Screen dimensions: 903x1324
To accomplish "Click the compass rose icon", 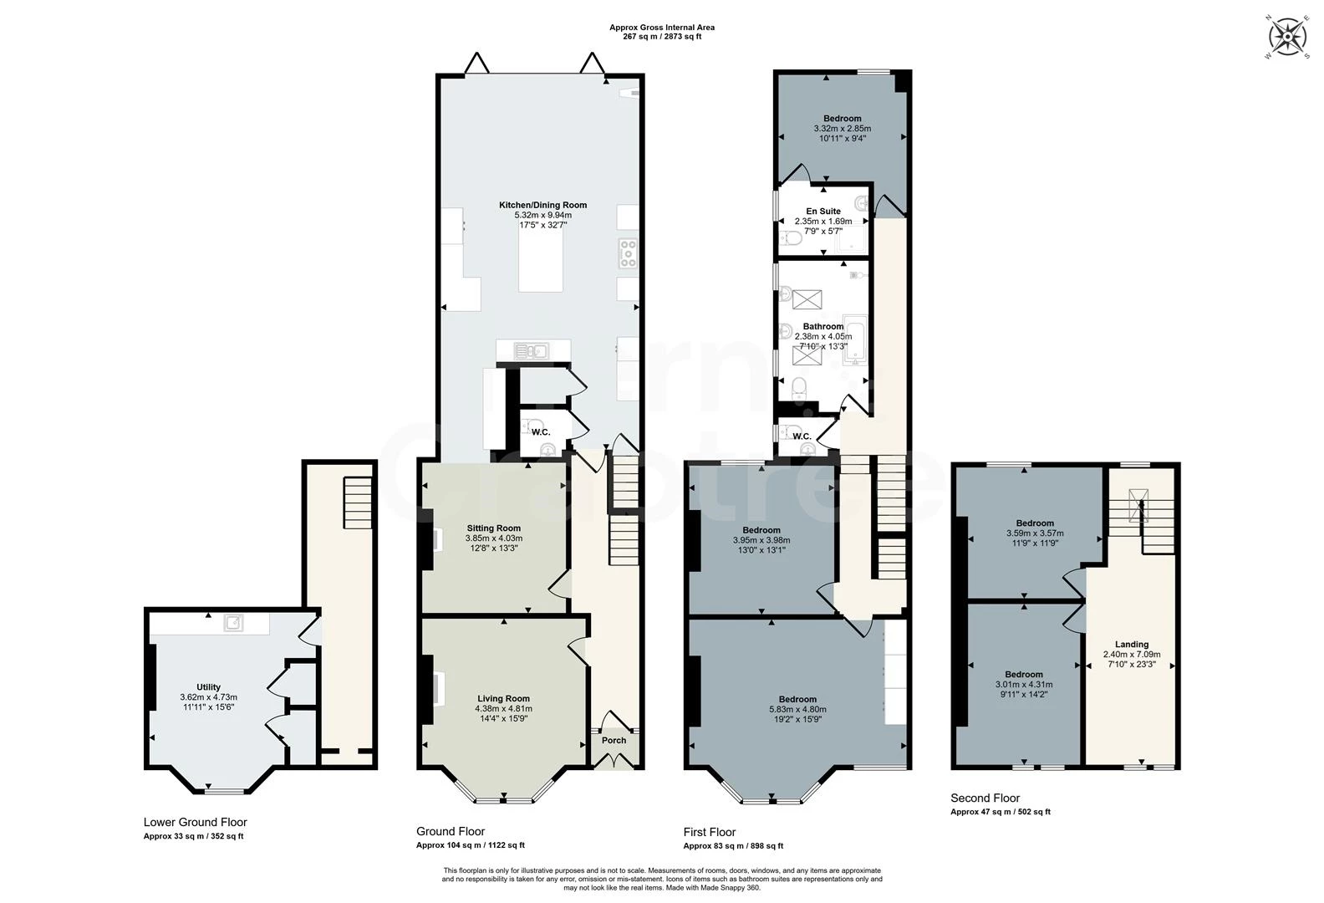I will [1288, 37].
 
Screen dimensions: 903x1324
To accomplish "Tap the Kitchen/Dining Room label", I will [542, 205].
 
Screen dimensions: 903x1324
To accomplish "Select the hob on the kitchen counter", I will [628, 253].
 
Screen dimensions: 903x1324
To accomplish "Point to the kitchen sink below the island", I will [532, 351].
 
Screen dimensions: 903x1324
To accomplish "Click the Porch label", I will [614, 741].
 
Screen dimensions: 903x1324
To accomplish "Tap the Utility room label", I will [208, 687].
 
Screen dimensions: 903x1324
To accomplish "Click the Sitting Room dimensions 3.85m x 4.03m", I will [493, 538].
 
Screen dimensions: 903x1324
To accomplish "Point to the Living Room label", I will [503, 698].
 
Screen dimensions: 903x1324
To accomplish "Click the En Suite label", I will [822, 212].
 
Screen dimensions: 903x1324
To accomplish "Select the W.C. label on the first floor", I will [802, 436].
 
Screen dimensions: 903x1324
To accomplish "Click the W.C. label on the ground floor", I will [541, 432].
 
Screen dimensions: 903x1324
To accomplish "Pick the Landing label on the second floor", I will [1132, 645].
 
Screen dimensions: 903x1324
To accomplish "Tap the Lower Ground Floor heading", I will [195, 822].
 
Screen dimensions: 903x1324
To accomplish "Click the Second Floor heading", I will [985, 798].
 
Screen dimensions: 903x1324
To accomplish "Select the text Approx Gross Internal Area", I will [661, 28].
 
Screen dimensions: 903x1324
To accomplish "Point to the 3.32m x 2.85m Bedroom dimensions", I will [842, 129].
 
